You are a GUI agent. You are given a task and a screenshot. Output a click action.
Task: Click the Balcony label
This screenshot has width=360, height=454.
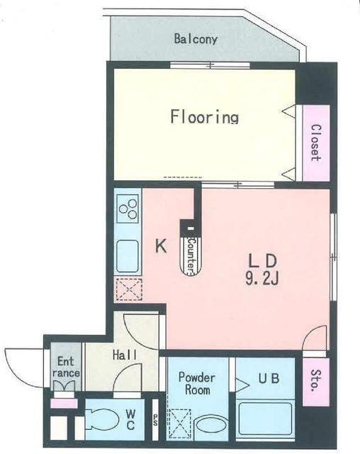click(x=196, y=39)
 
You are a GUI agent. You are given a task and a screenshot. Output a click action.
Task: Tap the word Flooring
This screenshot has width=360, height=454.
click(x=204, y=116)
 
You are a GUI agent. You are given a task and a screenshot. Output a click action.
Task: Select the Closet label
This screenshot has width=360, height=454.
click(x=316, y=143)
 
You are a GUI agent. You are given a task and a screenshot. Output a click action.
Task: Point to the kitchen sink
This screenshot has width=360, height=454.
click(x=128, y=256)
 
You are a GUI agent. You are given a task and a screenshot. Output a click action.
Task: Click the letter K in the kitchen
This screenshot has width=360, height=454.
click(x=161, y=246)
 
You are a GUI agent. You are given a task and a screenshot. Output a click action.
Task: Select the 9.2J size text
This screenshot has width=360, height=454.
click(x=262, y=279)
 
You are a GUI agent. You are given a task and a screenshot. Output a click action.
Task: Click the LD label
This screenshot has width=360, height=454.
click(x=263, y=260)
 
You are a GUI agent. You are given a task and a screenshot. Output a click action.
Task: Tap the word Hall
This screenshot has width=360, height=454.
click(x=125, y=355)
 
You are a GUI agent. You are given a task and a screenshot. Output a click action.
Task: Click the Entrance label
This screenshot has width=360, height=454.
click(x=66, y=367)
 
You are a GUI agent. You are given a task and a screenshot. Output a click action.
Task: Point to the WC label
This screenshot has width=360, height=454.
click(x=130, y=421)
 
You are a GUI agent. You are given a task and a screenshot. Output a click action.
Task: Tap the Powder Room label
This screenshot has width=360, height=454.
click(x=197, y=384)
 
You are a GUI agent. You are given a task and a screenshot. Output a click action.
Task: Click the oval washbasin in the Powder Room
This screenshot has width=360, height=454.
click(x=210, y=426)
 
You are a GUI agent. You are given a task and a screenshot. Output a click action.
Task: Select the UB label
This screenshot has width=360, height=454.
click(x=269, y=378)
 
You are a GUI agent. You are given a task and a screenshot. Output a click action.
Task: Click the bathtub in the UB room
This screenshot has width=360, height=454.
click(x=265, y=419)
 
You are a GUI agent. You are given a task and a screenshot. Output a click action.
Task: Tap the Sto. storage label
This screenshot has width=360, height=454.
click(x=316, y=380)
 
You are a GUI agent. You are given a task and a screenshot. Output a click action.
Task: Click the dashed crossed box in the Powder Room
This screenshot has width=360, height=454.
click(x=179, y=423)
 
